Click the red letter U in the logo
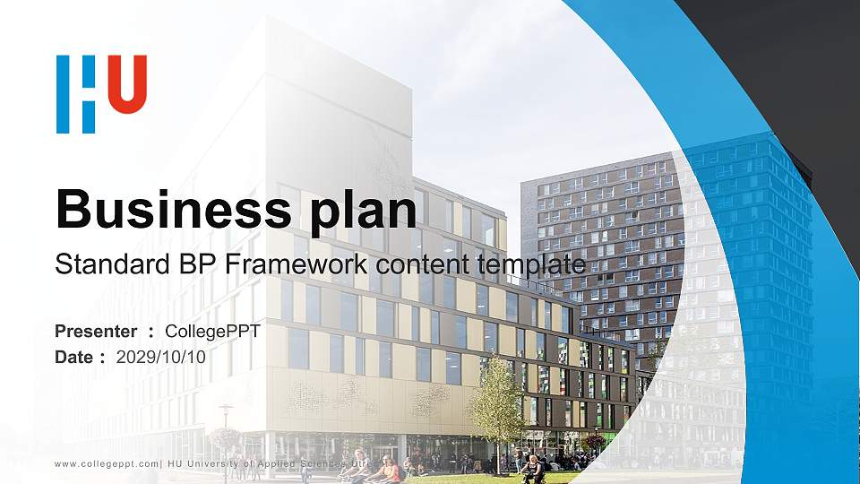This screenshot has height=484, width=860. click(130, 84)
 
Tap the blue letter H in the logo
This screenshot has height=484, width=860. click(75, 93)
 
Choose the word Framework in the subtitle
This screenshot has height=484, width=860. click(287, 264)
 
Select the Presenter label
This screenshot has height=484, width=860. click(96, 333)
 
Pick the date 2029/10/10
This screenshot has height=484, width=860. click(161, 357)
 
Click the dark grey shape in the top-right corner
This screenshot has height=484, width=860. click(788, 54)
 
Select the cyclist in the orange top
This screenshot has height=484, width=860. click(388, 469)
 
